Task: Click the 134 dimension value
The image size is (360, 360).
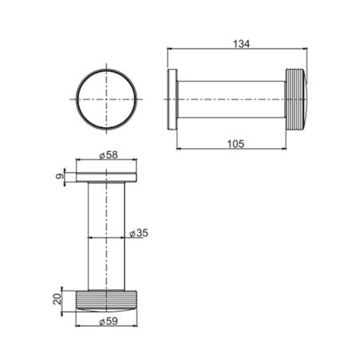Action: [242, 44]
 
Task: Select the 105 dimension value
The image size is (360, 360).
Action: [236, 144]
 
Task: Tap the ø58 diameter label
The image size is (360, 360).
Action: [108, 155]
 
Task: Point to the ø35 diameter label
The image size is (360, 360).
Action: [138, 233]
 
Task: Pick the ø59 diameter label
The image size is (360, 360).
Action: [108, 321]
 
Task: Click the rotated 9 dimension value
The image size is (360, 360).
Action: [61, 176]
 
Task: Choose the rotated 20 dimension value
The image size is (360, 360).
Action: [58, 299]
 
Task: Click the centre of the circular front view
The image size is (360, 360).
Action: [106, 99]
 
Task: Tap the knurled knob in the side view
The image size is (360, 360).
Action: [296, 99]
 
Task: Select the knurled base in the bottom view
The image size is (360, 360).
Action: [106, 301]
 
